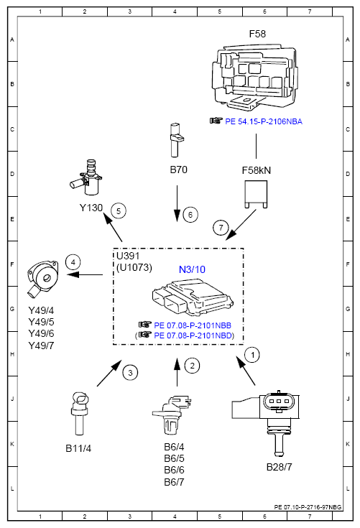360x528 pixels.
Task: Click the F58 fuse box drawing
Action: coord(254,77)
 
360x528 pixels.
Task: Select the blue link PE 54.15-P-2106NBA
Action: coord(264,121)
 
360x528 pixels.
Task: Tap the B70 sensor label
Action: coord(178,170)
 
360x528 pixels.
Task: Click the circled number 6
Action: coord(190,215)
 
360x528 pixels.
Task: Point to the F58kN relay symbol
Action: coord(256,194)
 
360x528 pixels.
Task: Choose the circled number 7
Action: coord(221,228)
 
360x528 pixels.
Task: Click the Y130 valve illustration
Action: coord(86,177)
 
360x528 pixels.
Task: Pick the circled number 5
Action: coord(119,211)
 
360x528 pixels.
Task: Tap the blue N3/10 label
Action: coord(192,269)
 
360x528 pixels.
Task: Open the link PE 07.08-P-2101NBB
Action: coord(193,325)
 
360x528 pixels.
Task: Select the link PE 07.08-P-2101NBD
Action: coord(193,335)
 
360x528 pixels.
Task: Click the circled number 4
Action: coord(73,262)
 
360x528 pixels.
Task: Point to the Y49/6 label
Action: coord(41,333)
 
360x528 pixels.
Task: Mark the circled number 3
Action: coord(130,373)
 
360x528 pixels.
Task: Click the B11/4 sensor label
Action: coord(78,448)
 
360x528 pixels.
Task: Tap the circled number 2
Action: coord(193,366)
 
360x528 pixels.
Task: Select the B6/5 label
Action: coord(174,458)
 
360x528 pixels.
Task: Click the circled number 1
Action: coord(252,355)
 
